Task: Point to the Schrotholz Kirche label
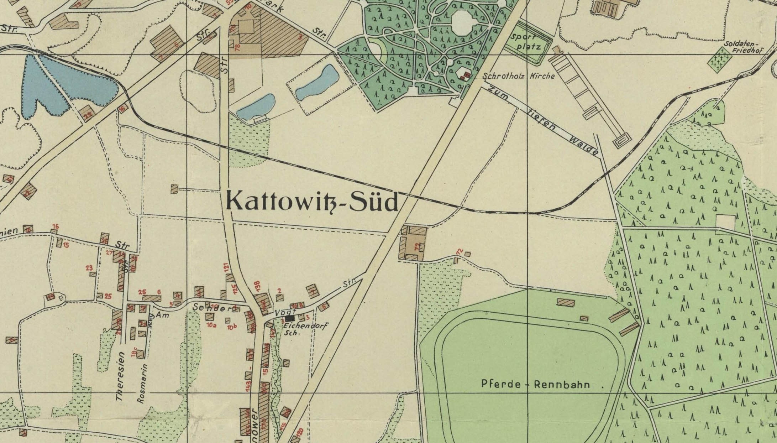click(x=518, y=76)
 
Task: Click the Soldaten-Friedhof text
click(x=743, y=47)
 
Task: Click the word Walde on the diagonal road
click(x=584, y=146)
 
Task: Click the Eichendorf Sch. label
click(x=306, y=328)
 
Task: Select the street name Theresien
click(x=120, y=376)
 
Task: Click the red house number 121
click(x=226, y=268)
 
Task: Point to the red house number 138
click(x=258, y=286)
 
